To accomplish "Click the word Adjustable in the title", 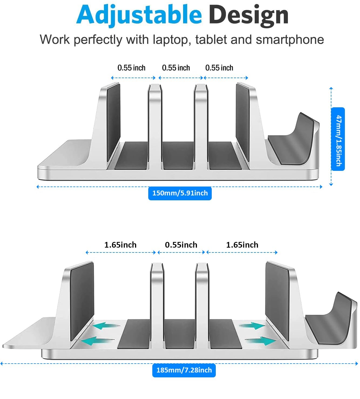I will (139, 15).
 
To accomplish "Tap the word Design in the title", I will (248, 15).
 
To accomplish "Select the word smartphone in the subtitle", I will (290, 40).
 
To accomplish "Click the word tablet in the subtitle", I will (211, 40).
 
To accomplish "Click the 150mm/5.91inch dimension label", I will (180, 193).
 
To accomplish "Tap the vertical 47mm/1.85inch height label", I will (338, 139).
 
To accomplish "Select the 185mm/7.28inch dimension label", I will (184, 370).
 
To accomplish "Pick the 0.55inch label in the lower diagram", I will (181, 245).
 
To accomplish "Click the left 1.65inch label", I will (120, 245).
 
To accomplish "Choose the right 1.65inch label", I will (242, 245).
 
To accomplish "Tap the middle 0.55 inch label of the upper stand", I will (176, 68).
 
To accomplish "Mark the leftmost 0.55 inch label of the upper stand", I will (131, 68).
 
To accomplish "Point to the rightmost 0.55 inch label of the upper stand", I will (219, 68).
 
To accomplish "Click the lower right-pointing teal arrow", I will (261, 341).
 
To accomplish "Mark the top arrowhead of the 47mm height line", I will (331, 88).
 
